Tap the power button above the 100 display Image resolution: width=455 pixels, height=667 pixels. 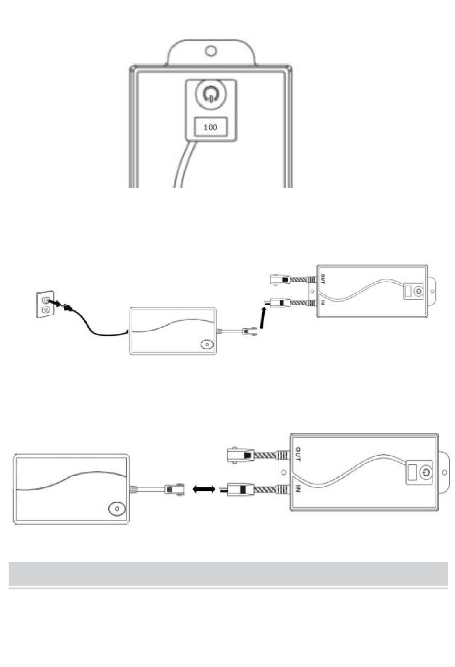click(211, 93)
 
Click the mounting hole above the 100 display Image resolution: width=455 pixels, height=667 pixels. click(211, 50)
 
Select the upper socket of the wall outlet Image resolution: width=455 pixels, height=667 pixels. click(46, 300)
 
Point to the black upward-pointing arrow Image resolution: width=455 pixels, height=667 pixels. click(262, 318)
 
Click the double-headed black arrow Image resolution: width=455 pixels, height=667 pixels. click(204, 489)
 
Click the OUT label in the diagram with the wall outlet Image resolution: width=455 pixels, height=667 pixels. click(323, 279)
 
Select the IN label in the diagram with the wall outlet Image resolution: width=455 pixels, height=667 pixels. click(323, 303)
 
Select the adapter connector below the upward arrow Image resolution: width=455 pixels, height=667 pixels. click(250, 331)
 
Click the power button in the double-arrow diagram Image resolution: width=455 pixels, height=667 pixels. click(425, 472)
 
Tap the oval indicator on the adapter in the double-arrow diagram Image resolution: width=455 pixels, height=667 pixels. click(117, 508)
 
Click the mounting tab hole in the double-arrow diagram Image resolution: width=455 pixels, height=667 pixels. click(444, 472)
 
